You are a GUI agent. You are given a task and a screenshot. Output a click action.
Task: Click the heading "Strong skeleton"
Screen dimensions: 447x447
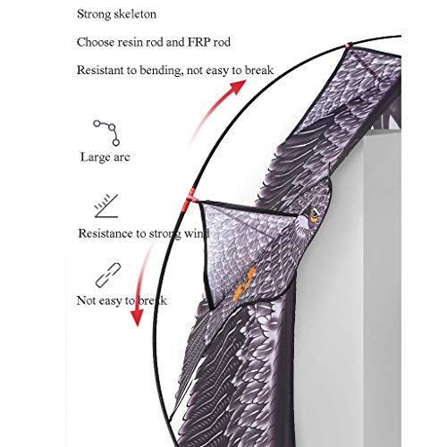click(x=116, y=14)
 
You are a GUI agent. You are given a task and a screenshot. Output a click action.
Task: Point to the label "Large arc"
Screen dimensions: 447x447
click(x=105, y=157)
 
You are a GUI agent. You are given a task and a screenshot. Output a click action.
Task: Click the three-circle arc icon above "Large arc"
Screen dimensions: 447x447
click(x=106, y=132)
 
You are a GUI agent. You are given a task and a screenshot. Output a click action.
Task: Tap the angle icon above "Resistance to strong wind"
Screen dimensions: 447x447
click(x=106, y=206)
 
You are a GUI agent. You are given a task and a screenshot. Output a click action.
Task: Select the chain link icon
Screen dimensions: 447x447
click(x=108, y=274)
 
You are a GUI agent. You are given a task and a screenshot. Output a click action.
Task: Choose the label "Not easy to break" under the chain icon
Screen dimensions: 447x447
click(x=122, y=300)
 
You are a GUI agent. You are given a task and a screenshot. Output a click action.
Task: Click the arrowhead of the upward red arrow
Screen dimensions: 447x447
click(x=239, y=87)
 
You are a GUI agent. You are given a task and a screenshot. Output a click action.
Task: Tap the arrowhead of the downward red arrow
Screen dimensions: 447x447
click(x=138, y=317)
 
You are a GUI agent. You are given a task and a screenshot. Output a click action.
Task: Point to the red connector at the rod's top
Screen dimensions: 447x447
click(x=348, y=46)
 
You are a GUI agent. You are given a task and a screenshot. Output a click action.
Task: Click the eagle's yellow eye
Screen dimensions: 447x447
click(x=314, y=215)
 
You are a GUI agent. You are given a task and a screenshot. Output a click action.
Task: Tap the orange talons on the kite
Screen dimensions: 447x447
click(x=244, y=283)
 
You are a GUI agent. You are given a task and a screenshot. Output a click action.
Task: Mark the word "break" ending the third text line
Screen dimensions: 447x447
click(x=258, y=71)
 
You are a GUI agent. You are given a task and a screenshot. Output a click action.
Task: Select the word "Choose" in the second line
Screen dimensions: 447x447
click(x=96, y=42)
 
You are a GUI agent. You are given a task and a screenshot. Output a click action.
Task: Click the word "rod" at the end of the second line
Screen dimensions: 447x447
click(x=222, y=42)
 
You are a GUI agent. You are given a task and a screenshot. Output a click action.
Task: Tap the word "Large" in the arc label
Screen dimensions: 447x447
click(x=93, y=157)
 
